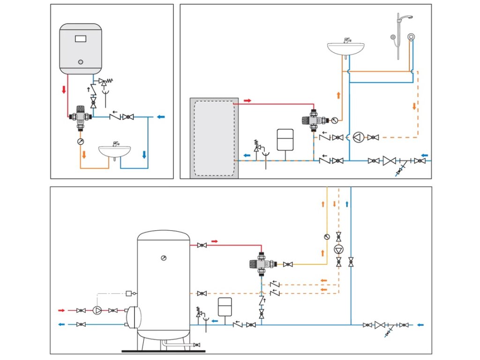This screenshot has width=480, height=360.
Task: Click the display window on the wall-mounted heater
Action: tap(81, 38)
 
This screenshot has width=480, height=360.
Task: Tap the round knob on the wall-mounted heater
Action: tap(80, 62)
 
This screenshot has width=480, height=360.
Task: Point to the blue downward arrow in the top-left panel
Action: tap(144, 154)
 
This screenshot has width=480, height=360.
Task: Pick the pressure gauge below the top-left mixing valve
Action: tap(80, 141)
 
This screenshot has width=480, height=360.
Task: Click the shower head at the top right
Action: tap(406, 18)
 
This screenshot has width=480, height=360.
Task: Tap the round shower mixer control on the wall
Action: tap(411, 37)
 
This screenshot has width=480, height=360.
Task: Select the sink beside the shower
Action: tap(346, 47)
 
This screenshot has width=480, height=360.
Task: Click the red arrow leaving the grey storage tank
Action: tap(247, 100)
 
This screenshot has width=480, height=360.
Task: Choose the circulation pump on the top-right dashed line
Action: tap(359, 137)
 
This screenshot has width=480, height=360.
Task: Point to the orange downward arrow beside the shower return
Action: tap(414, 106)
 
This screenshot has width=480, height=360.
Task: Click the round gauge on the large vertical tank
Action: tap(163, 258)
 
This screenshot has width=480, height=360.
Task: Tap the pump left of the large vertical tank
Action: tap(97, 310)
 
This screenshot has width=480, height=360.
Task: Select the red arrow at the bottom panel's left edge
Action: tap(61, 310)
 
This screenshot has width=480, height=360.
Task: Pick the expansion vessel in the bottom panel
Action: tap(225, 307)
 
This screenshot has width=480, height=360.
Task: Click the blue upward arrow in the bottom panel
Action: tap(347, 204)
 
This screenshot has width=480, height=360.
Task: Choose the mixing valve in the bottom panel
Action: tap(260, 263)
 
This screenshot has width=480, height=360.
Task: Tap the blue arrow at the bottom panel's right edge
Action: tap(420, 324)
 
